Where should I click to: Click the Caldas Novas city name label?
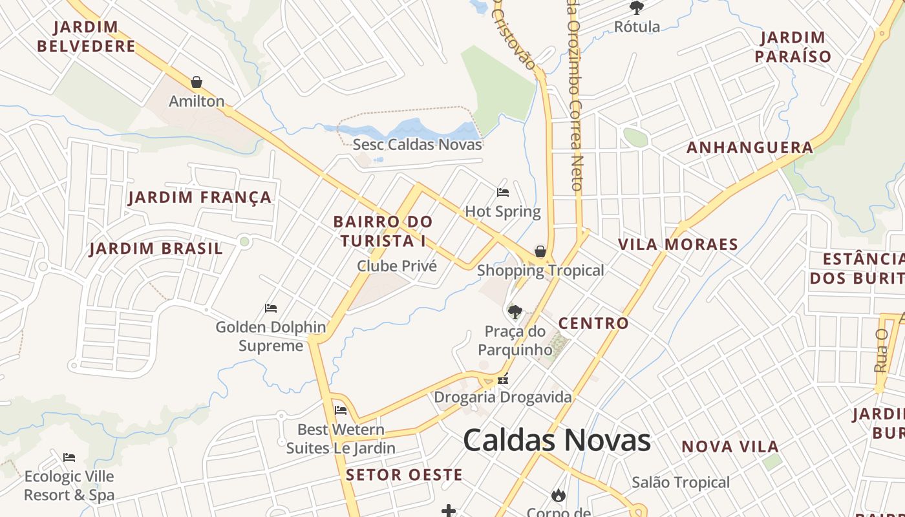(x=557, y=440)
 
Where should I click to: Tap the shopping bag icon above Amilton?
(x=197, y=82)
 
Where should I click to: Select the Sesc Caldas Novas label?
(x=417, y=144)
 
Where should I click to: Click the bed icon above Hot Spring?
(x=503, y=193)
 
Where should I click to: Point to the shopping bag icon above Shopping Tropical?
(x=540, y=251)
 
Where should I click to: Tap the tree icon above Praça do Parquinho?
(x=515, y=313)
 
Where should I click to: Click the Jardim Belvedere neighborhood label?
(x=87, y=36)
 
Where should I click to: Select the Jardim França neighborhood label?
(x=200, y=197)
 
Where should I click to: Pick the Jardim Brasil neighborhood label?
(x=156, y=248)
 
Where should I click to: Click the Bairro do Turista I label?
(x=383, y=231)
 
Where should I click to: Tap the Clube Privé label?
(x=397, y=266)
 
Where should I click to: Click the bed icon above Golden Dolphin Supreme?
(x=271, y=308)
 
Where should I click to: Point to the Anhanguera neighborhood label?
(x=750, y=147)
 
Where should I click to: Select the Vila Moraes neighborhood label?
(x=678, y=244)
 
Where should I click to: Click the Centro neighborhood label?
(x=593, y=323)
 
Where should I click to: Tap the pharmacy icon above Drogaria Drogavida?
(x=503, y=379)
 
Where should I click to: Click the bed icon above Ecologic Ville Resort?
(x=69, y=458)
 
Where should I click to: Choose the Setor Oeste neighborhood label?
(x=404, y=475)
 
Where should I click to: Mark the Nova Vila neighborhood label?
(x=730, y=447)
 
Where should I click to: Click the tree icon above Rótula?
(x=637, y=8)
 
